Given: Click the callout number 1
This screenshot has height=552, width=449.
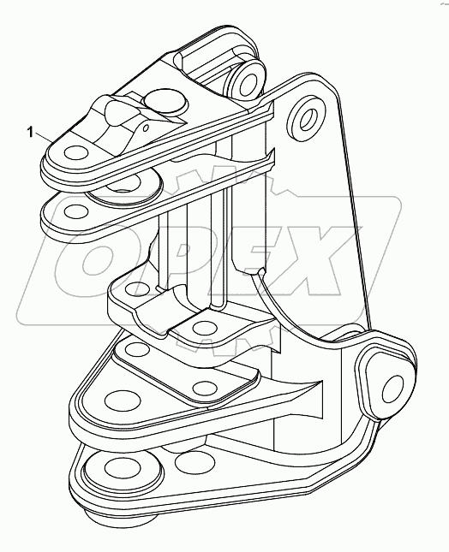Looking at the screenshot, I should [x=31, y=132].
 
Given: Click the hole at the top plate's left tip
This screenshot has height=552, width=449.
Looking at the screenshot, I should [x=72, y=154].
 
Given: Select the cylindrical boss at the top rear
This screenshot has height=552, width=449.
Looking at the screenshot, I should [x=246, y=80].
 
